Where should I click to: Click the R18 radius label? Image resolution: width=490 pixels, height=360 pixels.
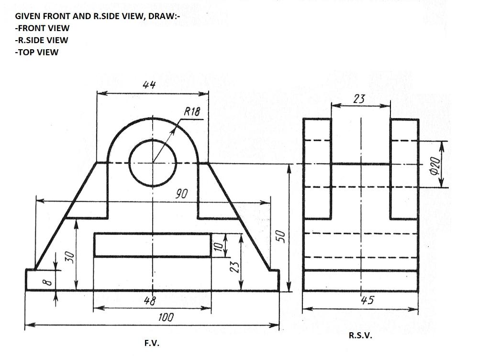coord(192,112)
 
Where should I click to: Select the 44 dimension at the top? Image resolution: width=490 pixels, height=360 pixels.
coord(149,85)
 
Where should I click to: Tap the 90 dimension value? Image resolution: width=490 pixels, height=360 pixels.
coord(181,194)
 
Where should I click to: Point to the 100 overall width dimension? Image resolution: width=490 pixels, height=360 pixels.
coord(166,317)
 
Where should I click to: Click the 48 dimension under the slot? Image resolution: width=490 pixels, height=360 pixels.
coord(149,301)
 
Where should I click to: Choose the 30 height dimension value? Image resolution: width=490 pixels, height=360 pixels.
coord(70,256)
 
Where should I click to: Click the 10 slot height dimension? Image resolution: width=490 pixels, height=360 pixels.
coord(218,246)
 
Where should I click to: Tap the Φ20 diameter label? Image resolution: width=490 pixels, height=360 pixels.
coord(434,165)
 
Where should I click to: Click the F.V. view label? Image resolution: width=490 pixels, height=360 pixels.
coord(152,343)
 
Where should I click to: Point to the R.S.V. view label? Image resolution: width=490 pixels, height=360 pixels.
coord(360,335)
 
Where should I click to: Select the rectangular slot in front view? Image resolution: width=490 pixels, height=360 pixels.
coord(152,245)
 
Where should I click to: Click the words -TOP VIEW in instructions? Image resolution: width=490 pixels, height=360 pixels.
coord(36,52)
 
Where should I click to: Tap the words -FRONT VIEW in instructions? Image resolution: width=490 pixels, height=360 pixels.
coord(42,28)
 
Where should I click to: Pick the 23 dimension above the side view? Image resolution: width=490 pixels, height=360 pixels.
coord(359,99)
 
